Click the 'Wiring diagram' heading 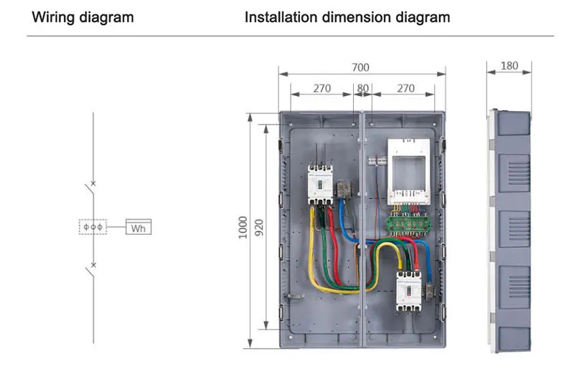click(83, 16)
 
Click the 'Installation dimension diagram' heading click(347, 16)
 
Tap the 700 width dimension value click(360, 67)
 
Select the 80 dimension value click(362, 90)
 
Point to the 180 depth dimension click(509, 66)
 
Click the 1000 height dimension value click(243, 227)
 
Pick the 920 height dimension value click(258, 227)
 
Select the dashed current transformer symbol click(93, 228)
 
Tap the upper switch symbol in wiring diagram click(90, 190)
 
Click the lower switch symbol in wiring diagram click(90, 271)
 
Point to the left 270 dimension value click(321, 90)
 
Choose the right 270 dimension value click(405, 90)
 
